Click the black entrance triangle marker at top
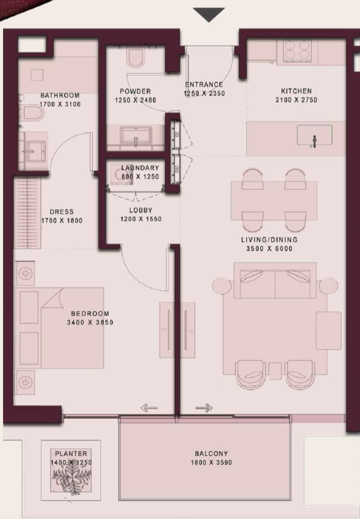pyautogui.click(x=209, y=14)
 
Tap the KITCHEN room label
pyautogui.click(x=296, y=91)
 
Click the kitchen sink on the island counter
pyautogui.click(x=314, y=135)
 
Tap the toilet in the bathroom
pyautogui.click(x=33, y=114)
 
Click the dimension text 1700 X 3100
pyautogui.click(x=60, y=104)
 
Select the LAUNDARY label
pyautogui.click(x=140, y=168)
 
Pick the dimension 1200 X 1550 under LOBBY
pyautogui.click(x=141, y=219)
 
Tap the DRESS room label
pyautogui.click(x=61, y=212)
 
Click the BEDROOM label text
pyautogui.click(x=90, y=313)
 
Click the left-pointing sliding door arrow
pyautogui.click(x=149, y=408)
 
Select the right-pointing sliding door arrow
pyautogui.click(x=204, y=408)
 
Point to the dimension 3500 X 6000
pyautogui.click(x=269, y=248)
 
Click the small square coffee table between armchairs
pyautogui.click(x=275, y=370)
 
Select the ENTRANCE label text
pyautogui.click(x=204, y=84)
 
